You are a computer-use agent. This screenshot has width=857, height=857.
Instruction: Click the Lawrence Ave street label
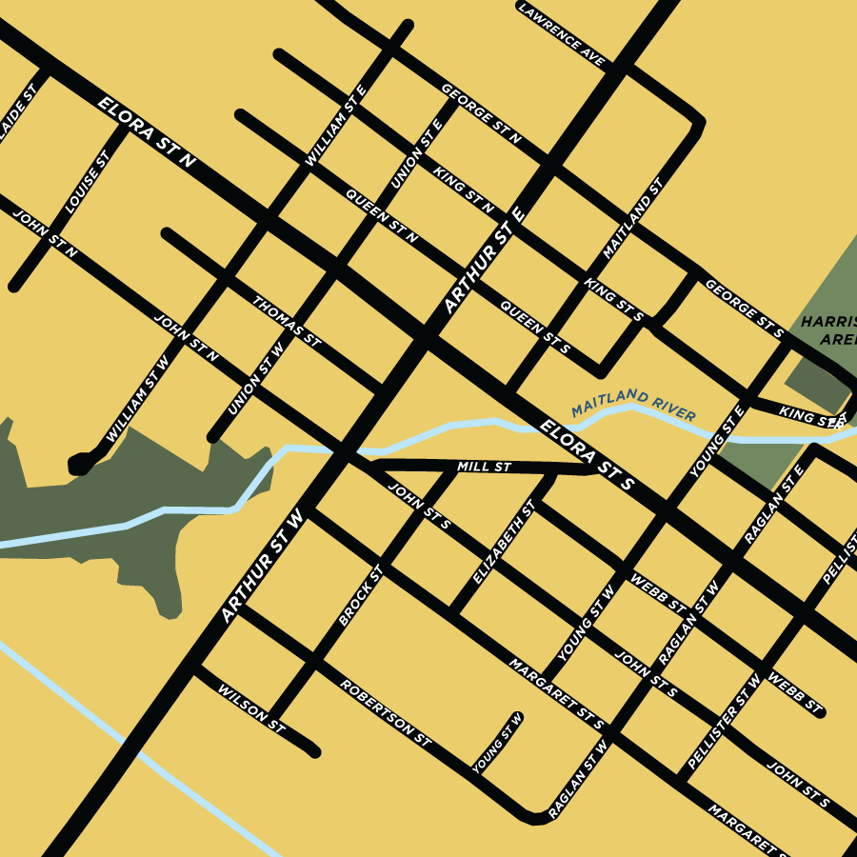point(563,35)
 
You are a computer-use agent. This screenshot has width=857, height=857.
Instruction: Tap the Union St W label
point(256,380)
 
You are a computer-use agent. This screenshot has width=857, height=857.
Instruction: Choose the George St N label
point(481,113)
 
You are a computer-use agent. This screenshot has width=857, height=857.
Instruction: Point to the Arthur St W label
point(262,566)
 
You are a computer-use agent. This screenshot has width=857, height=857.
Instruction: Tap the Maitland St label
point(632,220)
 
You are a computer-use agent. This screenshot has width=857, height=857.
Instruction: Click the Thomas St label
point(287,320)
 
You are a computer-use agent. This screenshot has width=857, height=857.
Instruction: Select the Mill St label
point(485,468)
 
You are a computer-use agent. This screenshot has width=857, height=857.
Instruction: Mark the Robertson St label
point(386,712)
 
